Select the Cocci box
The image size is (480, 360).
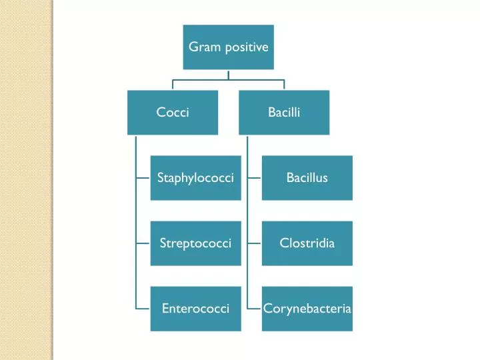tap(173, 113)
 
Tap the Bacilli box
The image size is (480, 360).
tap(284, 113)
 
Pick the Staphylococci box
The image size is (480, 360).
tap(195, 178)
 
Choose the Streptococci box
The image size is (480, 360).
tap(195, 243)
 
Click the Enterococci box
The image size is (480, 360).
tap(195, 309)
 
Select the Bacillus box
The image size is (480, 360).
tap(307, 178)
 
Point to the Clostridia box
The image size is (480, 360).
tap(307, 243)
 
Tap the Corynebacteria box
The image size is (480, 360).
tap(307, 309)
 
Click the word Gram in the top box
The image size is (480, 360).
tap(201, 47)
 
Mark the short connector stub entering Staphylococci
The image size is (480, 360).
tap(143, 178)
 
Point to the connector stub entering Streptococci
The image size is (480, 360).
tap(143, 243)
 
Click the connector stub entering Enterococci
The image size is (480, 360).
tap(143, 309)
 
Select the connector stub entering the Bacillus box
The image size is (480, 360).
tap(254, 178)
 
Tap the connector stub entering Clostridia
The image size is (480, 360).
tap(254, 243)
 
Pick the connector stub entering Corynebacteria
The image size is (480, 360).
tap(254, 309)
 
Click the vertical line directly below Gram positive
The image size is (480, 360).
tap(228, 75)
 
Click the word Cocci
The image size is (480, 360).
tap(173, 113)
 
